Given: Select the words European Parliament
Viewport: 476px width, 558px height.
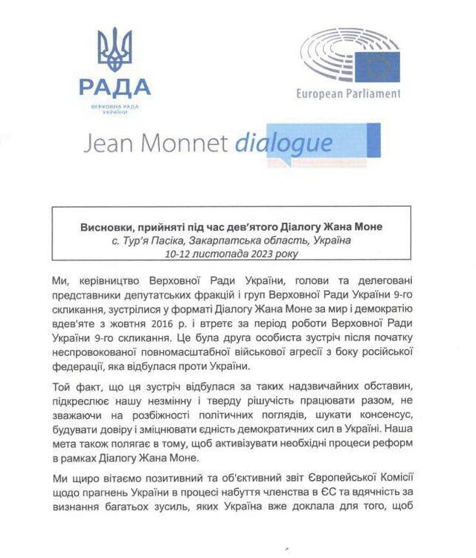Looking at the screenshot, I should (347, 94).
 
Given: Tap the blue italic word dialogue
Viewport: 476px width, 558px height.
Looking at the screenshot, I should (283, 143).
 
